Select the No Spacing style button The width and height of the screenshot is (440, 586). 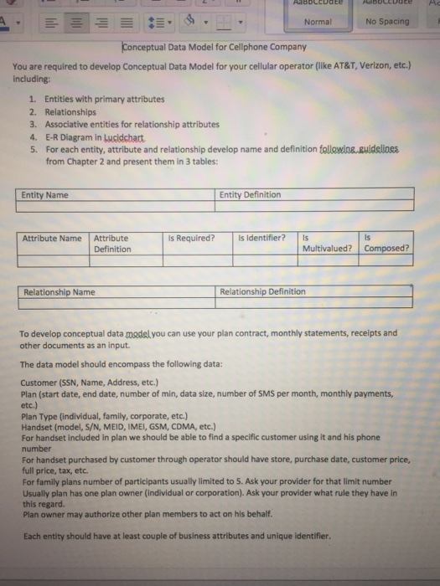(387, 22)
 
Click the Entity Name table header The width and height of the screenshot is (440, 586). (46, 195)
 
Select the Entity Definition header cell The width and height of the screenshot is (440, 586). (251, 195)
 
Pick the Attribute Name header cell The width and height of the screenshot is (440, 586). (52, 238)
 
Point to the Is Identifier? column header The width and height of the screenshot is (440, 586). (262, 238)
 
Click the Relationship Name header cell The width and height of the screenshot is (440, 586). (60, 292)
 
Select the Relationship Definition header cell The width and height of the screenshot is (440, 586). (262, 292)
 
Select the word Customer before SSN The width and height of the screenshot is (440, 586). (39, 381)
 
